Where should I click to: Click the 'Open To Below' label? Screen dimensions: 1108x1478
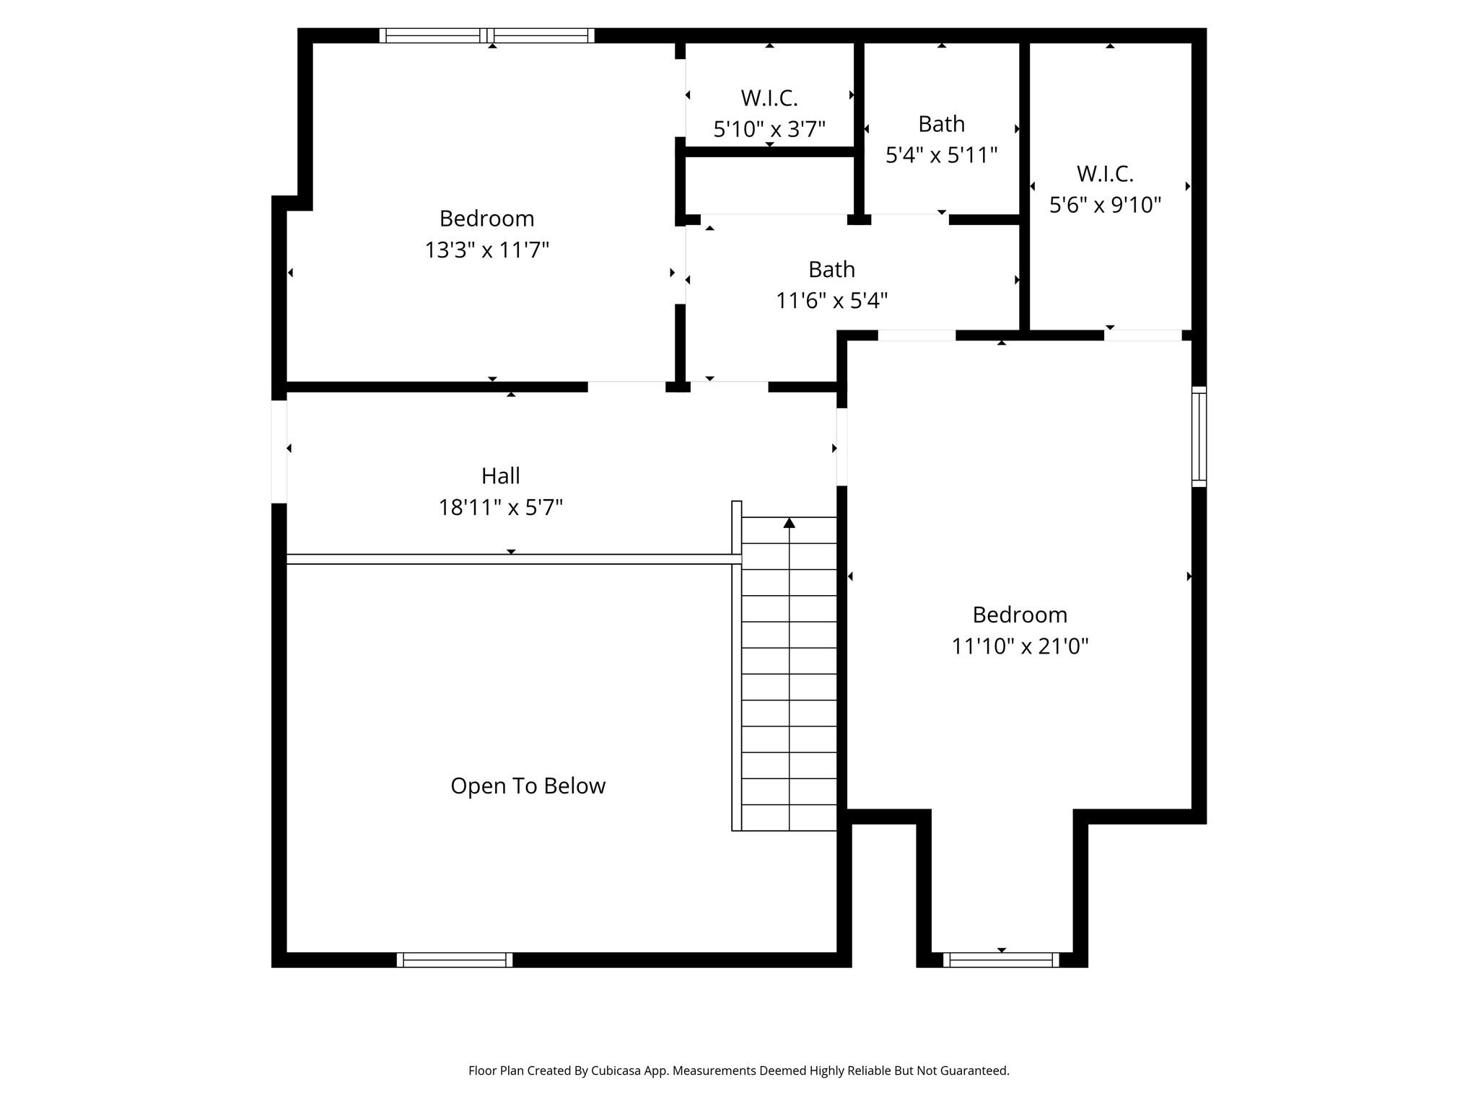coord(528,786)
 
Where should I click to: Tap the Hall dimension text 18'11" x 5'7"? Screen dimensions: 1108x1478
coord(500,507)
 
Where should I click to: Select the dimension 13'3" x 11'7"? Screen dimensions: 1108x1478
coord(486,250)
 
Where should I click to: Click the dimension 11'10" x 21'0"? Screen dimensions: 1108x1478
coord(1019,646)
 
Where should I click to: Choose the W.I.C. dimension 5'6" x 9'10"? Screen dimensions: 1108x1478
coord(1104,205)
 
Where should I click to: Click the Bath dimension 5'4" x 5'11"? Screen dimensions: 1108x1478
coord(941,154)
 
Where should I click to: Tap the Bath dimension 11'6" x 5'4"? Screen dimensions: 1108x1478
coord(831,300)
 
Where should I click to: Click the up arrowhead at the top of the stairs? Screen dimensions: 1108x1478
coord(789,522)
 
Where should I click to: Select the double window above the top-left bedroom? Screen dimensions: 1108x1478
coord(487,35)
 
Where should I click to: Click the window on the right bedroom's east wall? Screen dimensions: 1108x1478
coord(1198,436)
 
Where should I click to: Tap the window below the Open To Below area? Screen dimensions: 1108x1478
coord(455,959)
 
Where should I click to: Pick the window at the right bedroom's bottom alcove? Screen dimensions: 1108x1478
coord(1001,959)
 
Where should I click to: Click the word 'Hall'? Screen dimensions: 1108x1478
coord(500,475)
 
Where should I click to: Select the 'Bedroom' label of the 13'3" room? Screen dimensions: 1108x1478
coord(486,218)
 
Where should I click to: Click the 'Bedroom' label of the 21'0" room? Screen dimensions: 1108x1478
coord(1019,614)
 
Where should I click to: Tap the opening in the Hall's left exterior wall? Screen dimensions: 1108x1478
coord(279,452)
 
